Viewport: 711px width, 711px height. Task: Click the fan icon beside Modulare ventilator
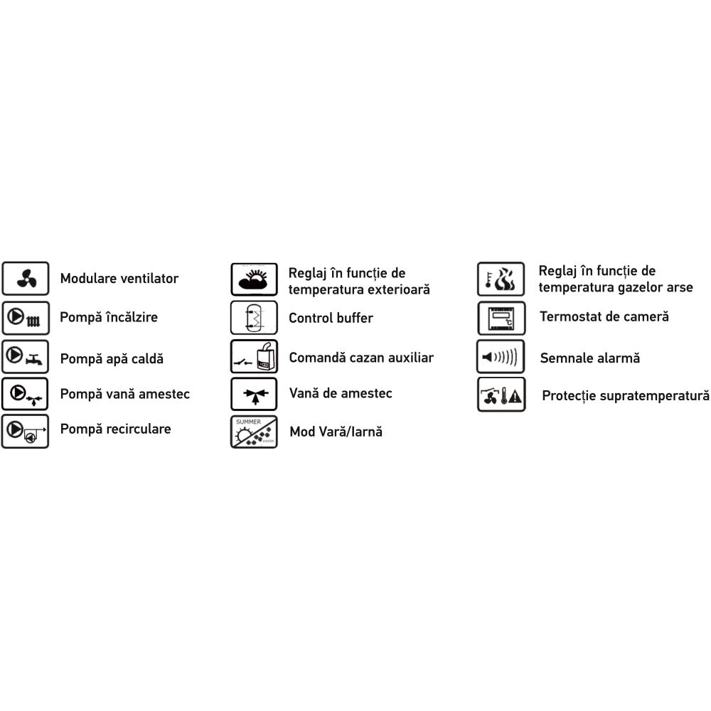click(26, 279)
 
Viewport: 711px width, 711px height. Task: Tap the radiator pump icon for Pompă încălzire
click(26, 318)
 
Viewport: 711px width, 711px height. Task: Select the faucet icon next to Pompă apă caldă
click(26, 357)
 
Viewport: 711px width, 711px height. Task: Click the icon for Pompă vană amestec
click(26, 394)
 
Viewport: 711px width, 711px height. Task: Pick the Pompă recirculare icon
click(26, 432)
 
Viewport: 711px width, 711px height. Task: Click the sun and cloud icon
click(254, 279)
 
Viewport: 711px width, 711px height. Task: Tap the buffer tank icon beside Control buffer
click(254, 317)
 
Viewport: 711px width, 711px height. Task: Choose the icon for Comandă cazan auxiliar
click(254, 356)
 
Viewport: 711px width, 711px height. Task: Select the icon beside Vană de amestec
click(254, 394)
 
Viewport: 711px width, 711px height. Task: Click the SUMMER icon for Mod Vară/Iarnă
click(254, 432)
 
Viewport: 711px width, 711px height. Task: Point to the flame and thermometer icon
click(501, 279)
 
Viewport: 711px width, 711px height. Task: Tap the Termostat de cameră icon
click(501, 318)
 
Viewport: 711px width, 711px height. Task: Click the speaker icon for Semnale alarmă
click(501, 356)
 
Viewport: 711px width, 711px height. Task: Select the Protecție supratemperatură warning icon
click(501, 395)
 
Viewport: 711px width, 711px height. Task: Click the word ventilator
click(150, 279)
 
